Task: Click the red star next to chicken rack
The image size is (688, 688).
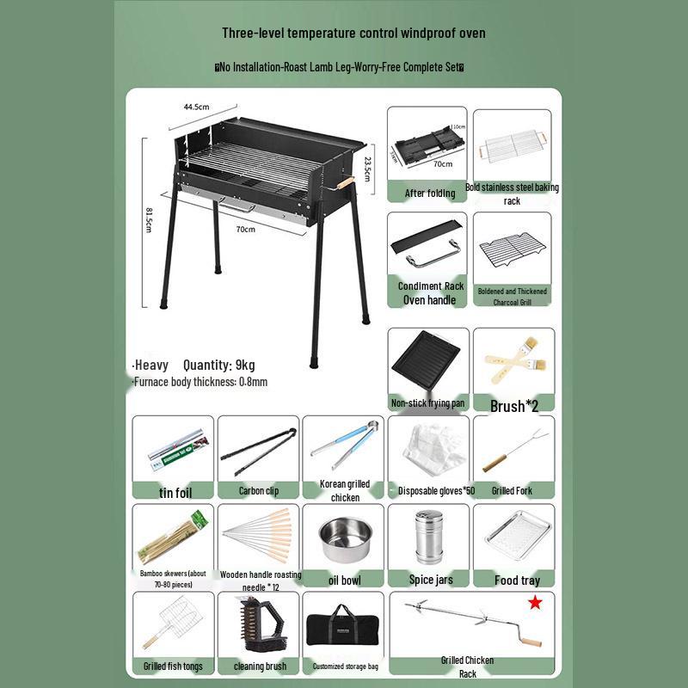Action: pyautogui.click(x=535, y=604)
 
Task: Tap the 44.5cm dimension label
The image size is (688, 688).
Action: pyautogui.click(x=196, y=107)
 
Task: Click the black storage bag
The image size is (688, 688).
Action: pyautogui.click(x=344, y=626)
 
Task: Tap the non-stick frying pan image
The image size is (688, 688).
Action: pyautogui.click(x=427, y=361)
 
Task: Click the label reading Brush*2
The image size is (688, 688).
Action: pyautogui.click(x=513, y=406)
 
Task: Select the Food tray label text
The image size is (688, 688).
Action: pyautogui.click(x=518, y=580)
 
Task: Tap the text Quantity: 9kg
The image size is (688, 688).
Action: pyautogui.click(x=218, y=365)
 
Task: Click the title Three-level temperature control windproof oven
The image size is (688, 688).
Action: pyautogui.click(x=353, y=34)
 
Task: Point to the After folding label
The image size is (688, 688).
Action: pyautogui.click(x=429, y=193)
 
